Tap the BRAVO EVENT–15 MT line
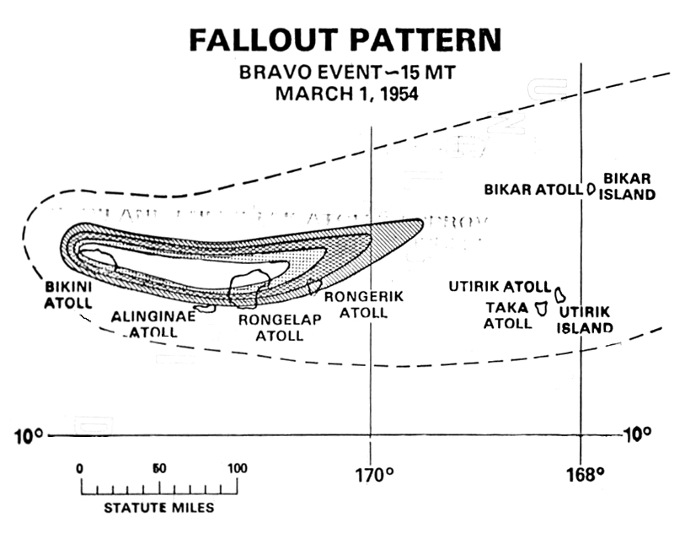click(x=347, y=73)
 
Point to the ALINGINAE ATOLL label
click(x=153, y=324)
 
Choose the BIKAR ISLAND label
click(x=629, y=186)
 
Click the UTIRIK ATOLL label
click(x=499, y=287)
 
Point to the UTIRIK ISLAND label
click(x=585, y=320)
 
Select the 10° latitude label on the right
click(x=636, y=435)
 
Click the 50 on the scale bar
click(x=158, y=469)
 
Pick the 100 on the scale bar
click(x=237, y=469)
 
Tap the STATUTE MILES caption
click(x=158, y=508)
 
